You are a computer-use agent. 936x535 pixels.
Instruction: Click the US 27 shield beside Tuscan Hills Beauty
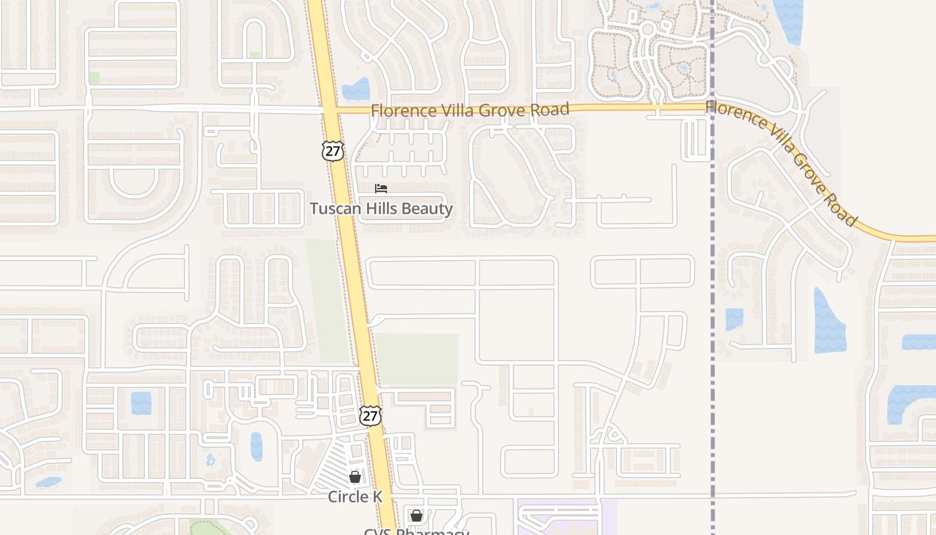(332, 150)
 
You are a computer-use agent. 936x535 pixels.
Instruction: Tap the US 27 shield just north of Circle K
(370, 415)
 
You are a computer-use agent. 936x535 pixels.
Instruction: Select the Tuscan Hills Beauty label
(381, 209)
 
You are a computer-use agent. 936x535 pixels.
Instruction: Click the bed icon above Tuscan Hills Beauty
(381, 189)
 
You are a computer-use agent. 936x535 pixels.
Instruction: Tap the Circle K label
(355, 497)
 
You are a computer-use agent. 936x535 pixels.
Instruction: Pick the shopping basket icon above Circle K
(355, 477)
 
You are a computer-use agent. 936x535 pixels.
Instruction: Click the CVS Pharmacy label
(416, 531)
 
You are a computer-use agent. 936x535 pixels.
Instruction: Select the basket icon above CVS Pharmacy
(416, 516)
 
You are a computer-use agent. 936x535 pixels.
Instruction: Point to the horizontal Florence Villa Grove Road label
(470, 110)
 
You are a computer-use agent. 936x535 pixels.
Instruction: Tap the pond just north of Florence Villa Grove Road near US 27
(356, 90)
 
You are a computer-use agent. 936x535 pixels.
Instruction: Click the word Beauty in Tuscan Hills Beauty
(428, 209)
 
